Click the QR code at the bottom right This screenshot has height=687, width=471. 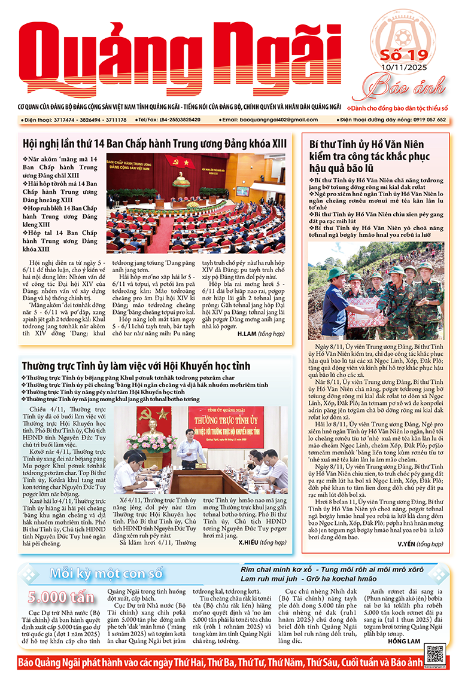436,650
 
